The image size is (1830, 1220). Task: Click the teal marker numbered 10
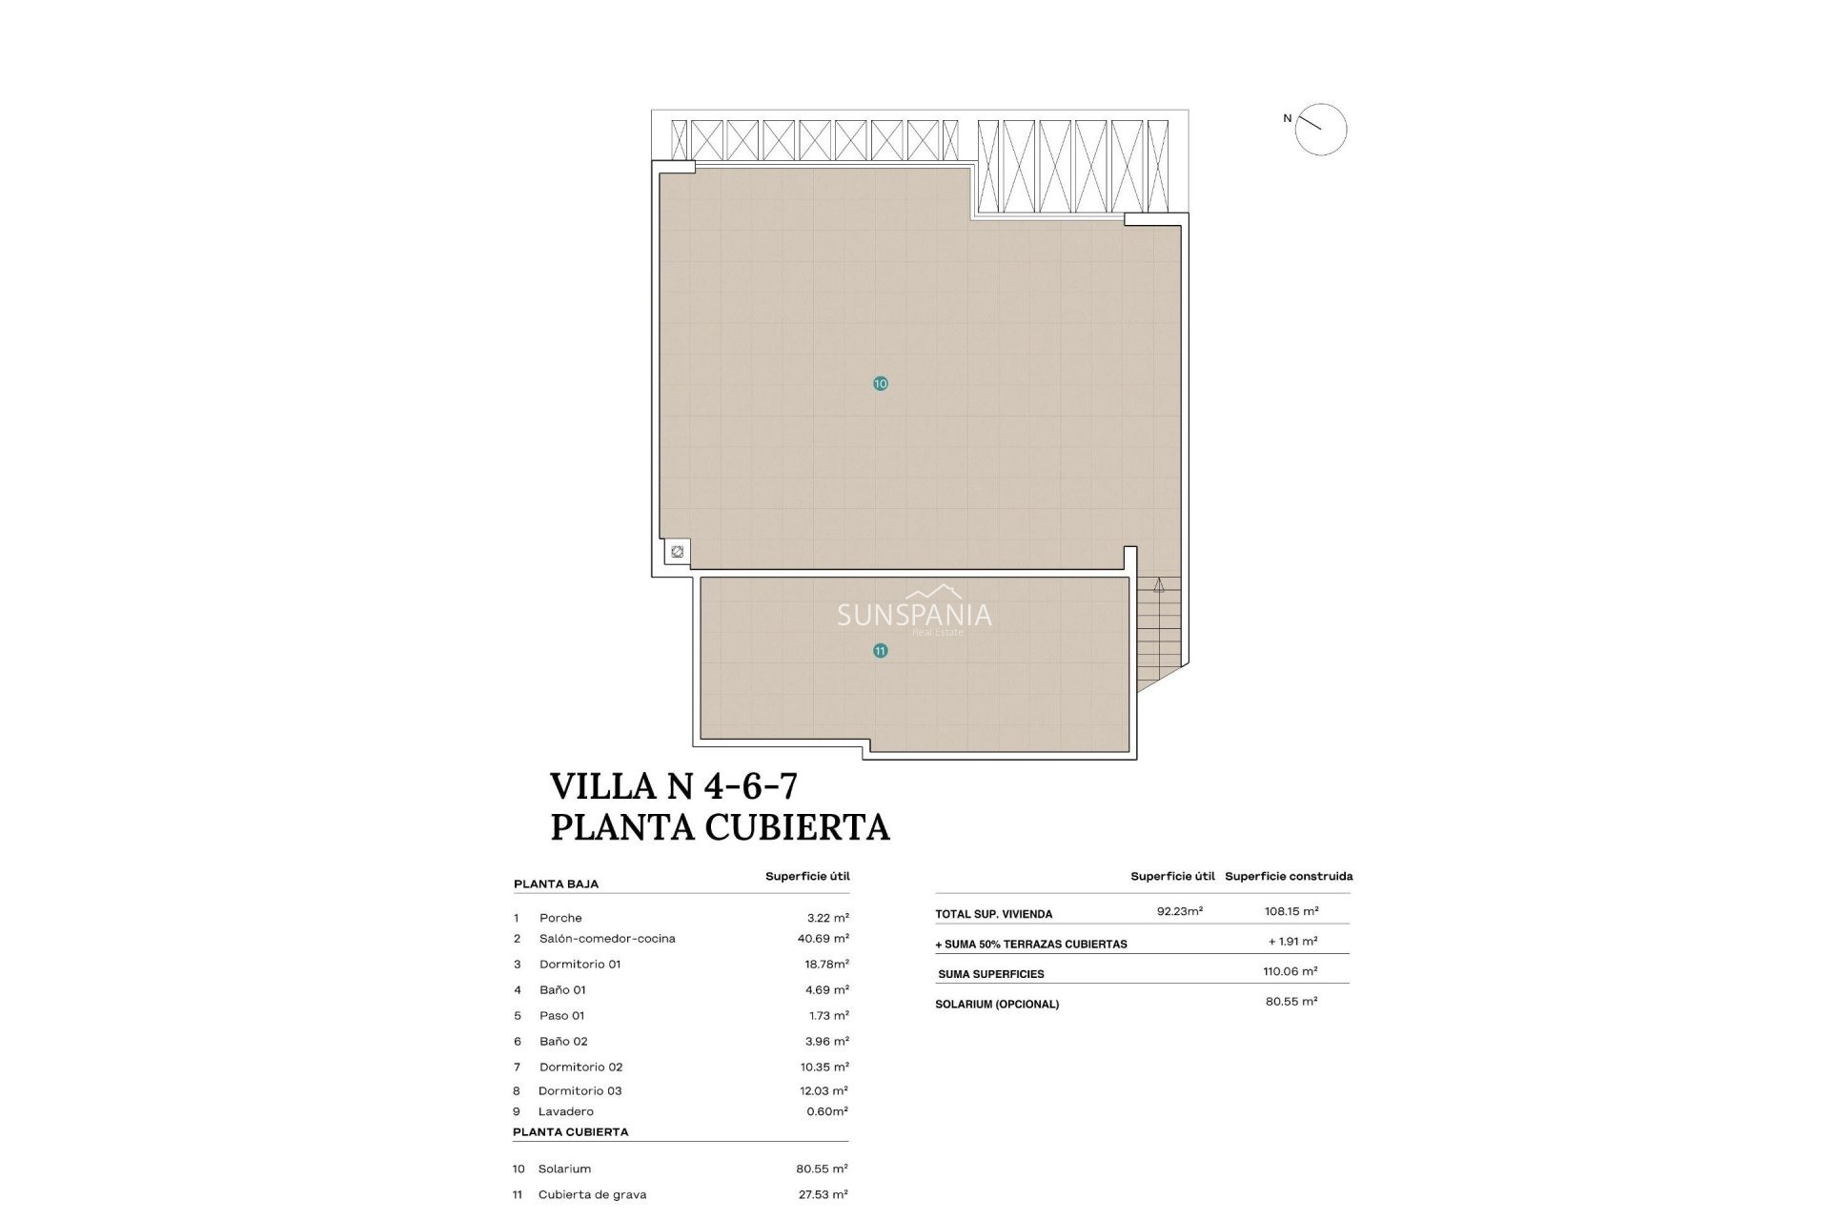(880, 383)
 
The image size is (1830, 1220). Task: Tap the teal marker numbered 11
(880, 651)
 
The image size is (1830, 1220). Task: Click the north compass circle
(1321, 130)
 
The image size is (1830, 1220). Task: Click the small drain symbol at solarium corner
(677, 552)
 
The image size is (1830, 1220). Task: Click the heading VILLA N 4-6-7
(674, 786)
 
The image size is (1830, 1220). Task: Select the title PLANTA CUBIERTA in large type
(720, 827)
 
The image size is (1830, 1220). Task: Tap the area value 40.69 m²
(823, 939)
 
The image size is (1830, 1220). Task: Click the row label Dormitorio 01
(579, 965)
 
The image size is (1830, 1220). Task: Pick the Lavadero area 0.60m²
(825, 1111)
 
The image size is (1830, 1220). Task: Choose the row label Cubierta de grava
(592, 1194)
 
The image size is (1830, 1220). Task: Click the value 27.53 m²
(822, 1194)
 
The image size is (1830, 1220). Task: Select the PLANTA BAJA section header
(556, 884)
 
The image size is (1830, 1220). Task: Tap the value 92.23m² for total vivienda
(1179, 911)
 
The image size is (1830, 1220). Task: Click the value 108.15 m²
(1291, 911)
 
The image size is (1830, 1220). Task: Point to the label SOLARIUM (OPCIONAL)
(996, 1005)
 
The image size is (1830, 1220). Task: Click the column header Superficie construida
(1289, 877)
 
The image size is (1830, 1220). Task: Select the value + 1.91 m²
(1292, 942)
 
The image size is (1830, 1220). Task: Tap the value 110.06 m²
(1290, 971)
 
